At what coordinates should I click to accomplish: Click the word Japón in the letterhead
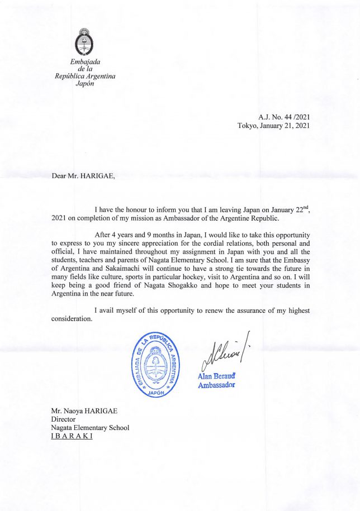(85, 84)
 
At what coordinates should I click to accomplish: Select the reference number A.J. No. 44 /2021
(284, 117)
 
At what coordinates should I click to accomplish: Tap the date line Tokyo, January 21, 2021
(273, 126)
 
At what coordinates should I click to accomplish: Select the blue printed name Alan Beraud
(215, 376)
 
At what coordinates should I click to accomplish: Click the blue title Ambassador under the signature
(216, 385)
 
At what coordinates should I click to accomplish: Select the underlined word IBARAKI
(72, 436)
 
